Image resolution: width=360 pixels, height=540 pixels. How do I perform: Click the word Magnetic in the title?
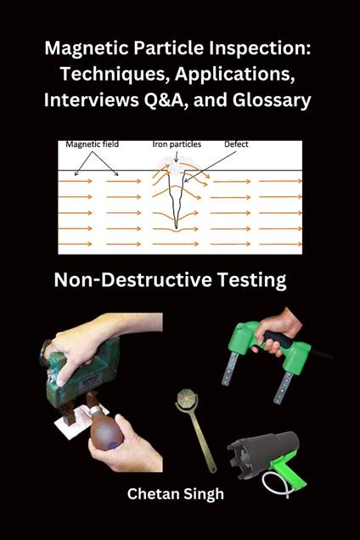(86, 49)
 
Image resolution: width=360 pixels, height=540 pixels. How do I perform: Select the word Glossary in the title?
(272, 100)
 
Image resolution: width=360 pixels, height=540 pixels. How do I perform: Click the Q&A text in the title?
(166, 100)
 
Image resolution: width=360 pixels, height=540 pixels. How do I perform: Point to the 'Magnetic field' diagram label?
(92, 144)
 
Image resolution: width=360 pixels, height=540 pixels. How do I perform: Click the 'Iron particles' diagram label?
(177, 144)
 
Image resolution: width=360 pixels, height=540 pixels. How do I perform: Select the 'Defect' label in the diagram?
(236, 144)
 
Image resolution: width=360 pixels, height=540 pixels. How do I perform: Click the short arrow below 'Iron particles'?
(176, 156)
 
